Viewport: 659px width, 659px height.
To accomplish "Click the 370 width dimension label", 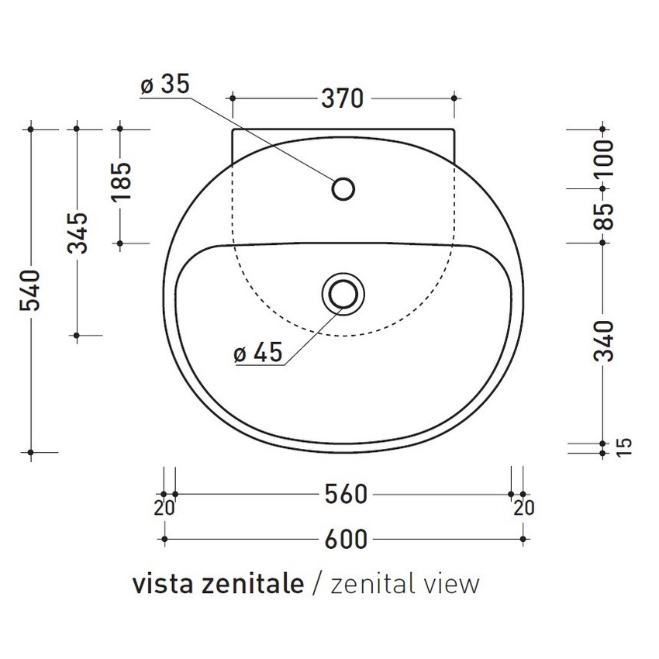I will [x=342, y=98].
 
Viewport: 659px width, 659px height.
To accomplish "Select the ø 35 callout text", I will [x=165, y=85].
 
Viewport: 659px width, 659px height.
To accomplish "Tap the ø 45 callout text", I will [x=257, y=354].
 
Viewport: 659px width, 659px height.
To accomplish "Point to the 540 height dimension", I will [x=31, y=292].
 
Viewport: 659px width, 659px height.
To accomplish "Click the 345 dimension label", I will [x=77, y=233].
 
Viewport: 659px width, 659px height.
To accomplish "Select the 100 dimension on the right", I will [x=605, y=158].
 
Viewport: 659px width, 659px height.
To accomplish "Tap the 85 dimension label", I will [x=605, y=216].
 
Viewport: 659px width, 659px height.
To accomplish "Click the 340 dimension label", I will [x=605, y=340].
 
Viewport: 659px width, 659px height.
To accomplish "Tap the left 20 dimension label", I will [x=164, y=508].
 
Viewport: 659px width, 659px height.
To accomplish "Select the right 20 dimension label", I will [x=524, y=508].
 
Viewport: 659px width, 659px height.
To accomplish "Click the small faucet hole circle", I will [x=343, y=188].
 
